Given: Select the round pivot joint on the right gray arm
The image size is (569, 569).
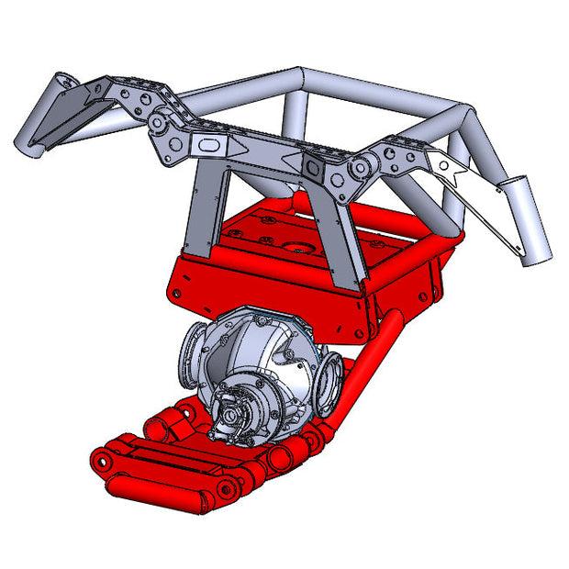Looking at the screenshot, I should point(359,170).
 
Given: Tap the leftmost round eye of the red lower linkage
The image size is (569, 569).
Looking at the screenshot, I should point(102,456).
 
